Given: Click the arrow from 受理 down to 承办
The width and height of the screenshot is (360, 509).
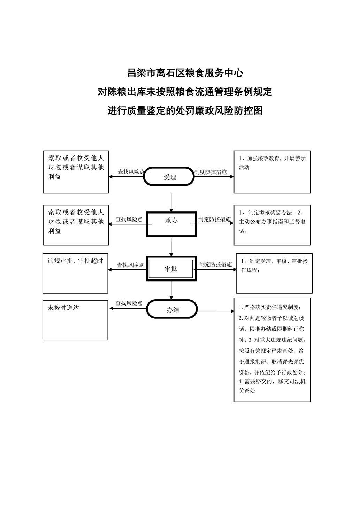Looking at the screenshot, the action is [x=171, y=202].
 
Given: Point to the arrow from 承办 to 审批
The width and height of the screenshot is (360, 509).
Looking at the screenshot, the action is [x=171, y=247].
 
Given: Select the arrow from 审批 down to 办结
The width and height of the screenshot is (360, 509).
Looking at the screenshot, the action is [x=171, y=291].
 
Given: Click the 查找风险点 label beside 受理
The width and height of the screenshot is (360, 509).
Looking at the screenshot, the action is [x=131, y=172].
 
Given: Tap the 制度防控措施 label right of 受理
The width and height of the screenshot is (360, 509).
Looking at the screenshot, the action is [x=210, y=172].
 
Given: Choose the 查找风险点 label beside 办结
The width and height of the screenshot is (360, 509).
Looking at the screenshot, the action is [x=129, y=303].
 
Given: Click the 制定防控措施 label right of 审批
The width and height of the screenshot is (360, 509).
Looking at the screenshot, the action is [x=216, y=264].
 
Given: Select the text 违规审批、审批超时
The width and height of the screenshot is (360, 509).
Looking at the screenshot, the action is [x=75, y=261].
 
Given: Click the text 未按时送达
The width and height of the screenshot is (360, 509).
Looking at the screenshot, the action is [x=63, y=308].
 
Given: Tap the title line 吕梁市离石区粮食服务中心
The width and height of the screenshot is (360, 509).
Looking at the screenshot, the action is [x=185, y=73].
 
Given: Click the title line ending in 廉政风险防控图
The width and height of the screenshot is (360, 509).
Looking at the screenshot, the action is [x=185, y=111].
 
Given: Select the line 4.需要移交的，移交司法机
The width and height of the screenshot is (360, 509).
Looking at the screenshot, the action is [x=272, y=381].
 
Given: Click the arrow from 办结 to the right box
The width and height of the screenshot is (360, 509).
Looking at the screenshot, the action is [x=216, y=311].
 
